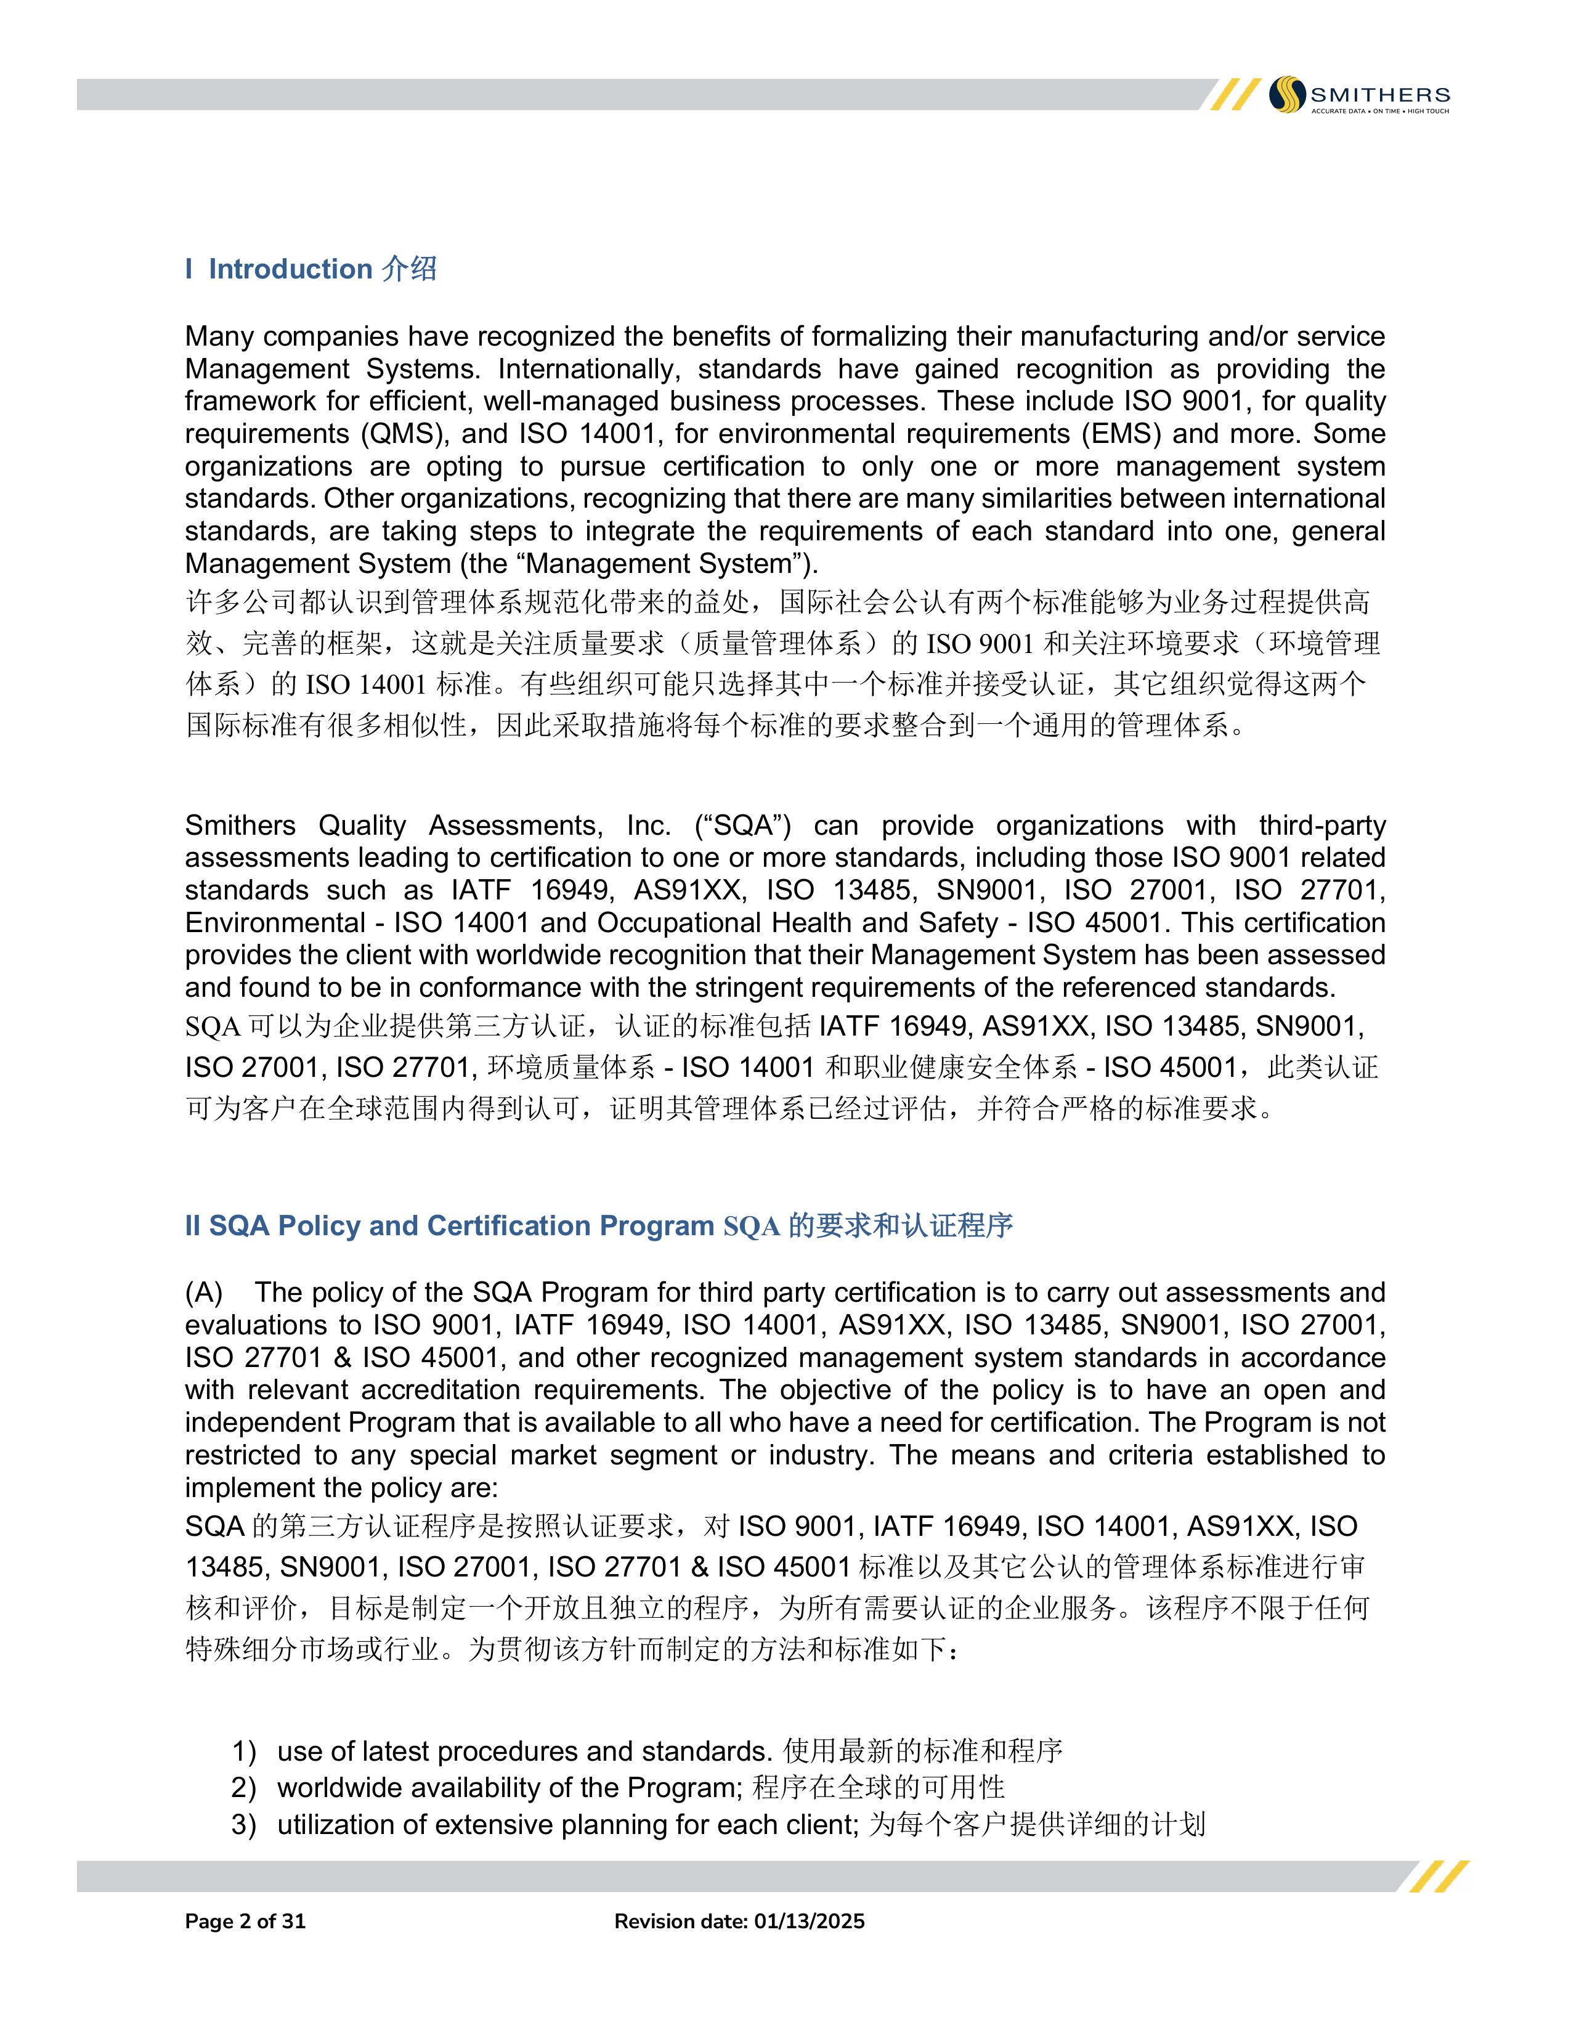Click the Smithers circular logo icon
(1288, 94)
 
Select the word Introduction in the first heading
(290, 269)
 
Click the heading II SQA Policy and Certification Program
(449, 1226)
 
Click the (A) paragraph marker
(204, 1293)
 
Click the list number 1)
(244, 1752)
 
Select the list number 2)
(244, 1788)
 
